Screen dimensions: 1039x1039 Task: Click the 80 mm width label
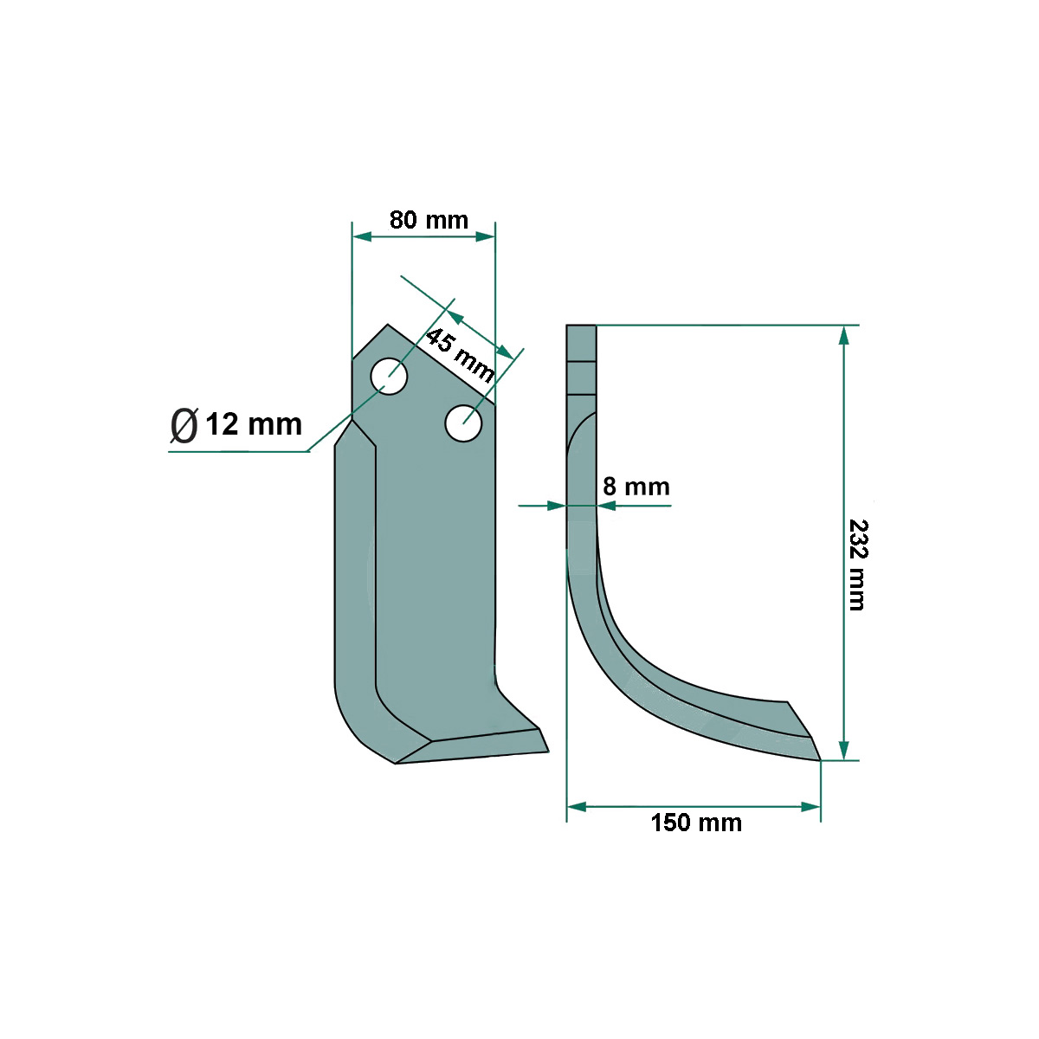pyautogui.click(x=429, y=220)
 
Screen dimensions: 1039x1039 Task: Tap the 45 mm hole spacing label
pyautogui.click(x=459, y=354)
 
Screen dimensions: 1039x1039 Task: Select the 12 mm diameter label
pyautogui.click(x=254, y=424)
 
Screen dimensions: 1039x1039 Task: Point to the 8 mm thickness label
pyautogui.click(x=636, y=487)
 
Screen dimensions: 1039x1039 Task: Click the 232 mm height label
pyautogui.click(x=856, y=565)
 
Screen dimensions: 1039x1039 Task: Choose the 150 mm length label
pyautogui.click(x=696, y=823)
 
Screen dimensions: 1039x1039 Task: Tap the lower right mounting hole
pyautogui.click(x=463, y=423)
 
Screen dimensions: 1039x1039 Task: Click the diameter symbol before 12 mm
pyautogui.click(x=184, y=425)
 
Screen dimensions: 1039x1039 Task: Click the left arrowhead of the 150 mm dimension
pyautogui.click(x=577, y=806)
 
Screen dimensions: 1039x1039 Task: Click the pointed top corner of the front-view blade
pyautogui.click(x=387, y=326)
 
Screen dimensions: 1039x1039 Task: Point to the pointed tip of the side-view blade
pyautogui.click(x=819, y=759)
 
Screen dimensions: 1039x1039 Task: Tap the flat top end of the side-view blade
pyautogui.click(x=581, y=326)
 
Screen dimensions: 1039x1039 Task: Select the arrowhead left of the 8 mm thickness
pyautogui.click(x=557, y=506)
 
